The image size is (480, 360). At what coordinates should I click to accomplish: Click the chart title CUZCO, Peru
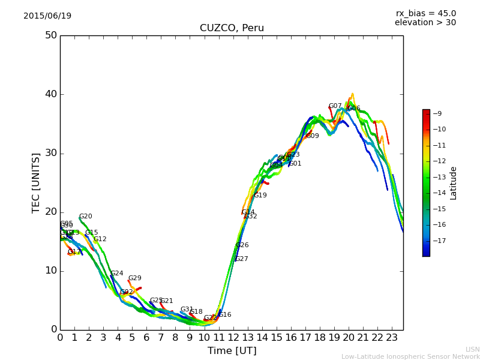coord(232,28)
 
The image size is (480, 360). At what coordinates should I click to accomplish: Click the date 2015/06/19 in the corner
coord(47,16)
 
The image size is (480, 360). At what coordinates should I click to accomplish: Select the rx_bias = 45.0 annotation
coord(425,14)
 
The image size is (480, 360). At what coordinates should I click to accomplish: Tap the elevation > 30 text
coord(425,23)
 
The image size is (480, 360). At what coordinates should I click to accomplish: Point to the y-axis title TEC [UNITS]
coord(36,182)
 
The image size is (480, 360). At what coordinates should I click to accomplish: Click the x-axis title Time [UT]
coord(232,351)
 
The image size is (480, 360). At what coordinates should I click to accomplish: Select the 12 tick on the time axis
coord(233,338)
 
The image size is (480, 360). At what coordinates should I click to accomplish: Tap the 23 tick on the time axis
coord(392,338)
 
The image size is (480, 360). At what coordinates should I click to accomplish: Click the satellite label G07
coord(335,106)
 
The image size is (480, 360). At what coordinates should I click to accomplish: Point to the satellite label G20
coord(86,217)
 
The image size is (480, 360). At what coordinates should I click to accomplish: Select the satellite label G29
coord(135,278)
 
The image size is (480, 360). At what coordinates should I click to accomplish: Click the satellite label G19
coord(260,196)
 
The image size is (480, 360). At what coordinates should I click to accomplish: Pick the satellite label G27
coord(242,259)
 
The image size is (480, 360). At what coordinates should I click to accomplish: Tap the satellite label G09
coord(313,136)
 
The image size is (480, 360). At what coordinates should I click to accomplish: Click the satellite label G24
coord(117,274)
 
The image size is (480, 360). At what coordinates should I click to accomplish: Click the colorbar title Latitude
coord(454,183)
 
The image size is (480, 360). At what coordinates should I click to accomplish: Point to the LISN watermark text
coord(473,349)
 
